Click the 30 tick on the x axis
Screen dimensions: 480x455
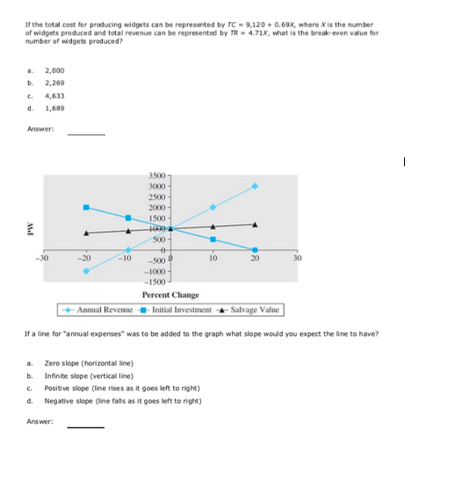pyautogui.click(x=297, y=258)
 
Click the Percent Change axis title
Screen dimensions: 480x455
pyautogui.click(x=170, y=295)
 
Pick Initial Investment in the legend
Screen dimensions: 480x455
pyautogui.click(x=182, y=309)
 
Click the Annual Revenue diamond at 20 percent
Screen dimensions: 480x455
pyautogui.click(x=256, y=186)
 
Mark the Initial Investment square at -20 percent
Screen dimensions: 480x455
pyautogui.click(x=86, y=207)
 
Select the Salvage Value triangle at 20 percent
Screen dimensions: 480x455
pyautogui.click(x=256, y=224)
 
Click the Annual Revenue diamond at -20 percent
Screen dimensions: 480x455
pyautogui.click(x=86, y=271)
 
